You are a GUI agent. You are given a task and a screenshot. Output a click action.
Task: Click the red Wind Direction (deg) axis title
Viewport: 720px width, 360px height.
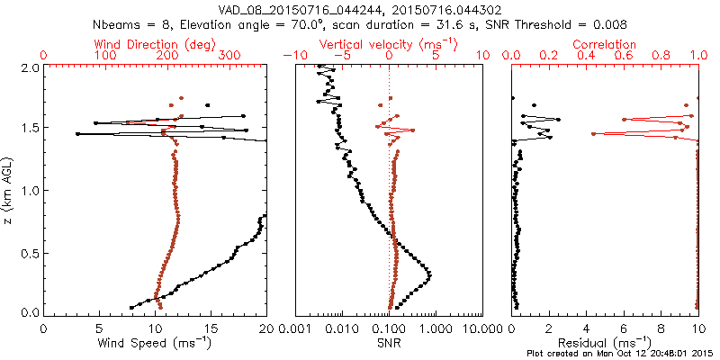coord(155,44)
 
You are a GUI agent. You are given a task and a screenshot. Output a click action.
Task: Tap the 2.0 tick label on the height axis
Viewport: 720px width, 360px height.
coord(29,67)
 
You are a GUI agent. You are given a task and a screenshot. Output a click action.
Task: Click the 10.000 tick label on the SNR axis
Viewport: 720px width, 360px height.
coord(482,328)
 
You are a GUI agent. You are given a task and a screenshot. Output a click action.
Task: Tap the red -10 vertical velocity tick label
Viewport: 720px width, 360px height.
coord(292,56)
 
